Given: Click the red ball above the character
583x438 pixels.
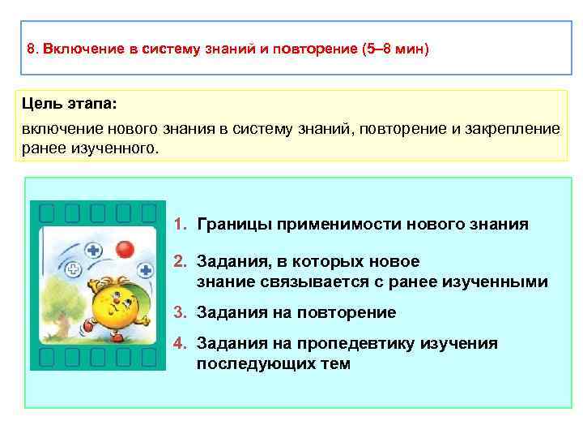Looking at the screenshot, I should (x=125, y=247).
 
